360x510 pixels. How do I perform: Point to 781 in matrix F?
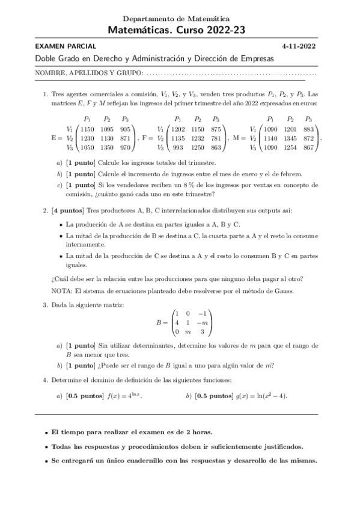(x=216, y=138)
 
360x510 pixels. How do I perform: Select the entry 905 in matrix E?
(x=126, y=129)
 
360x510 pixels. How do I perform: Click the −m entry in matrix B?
(x=202, y=322)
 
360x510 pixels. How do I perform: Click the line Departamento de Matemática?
(x=180, y=19)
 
